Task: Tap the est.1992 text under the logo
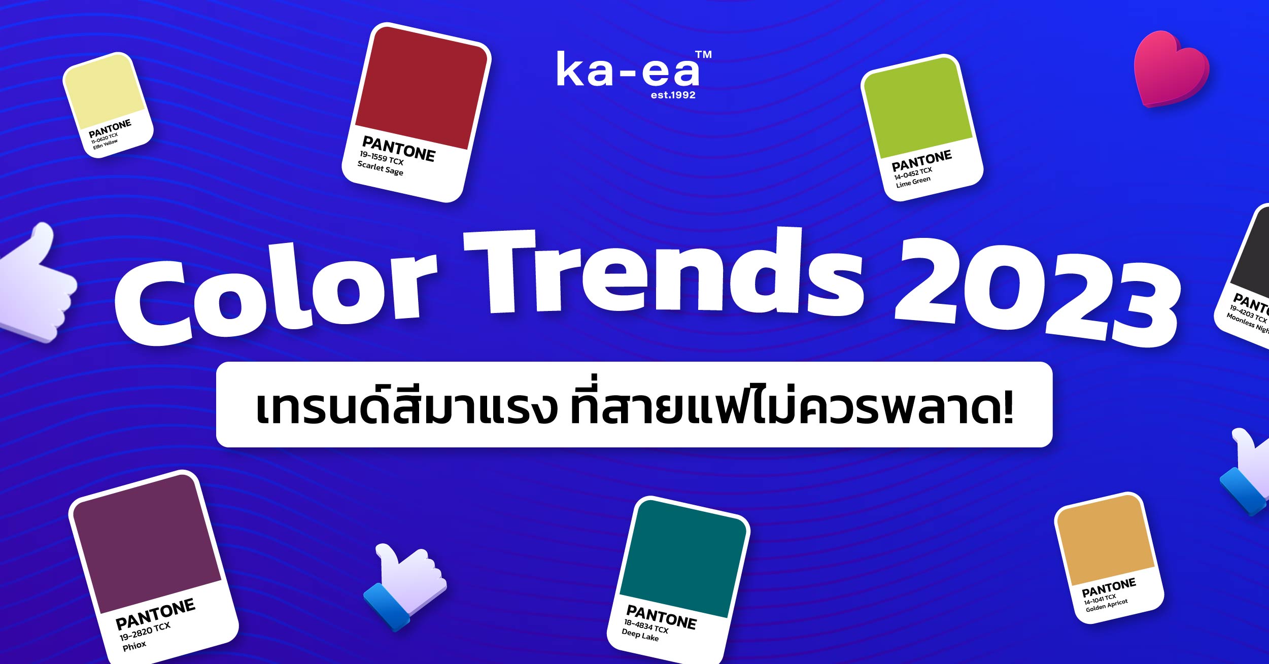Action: pyautogui.click(x=673, y=95)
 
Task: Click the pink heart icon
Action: pyautogui.click(x=1171, y=69)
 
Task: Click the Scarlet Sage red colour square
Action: pyautogui.click(x=421, y=87)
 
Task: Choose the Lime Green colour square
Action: pyautogui.click(x=918, y=108)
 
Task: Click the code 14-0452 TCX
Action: pyautogui.click(x=913, y=173)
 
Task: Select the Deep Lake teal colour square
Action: pyautogui.click(x=683, y=558)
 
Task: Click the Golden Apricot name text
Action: pyautogui.click(x=1107, y=605)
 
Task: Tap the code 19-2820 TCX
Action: pyautogui.click(x=145, y=632)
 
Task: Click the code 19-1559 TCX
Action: pyautogui.click(x=382, y=158)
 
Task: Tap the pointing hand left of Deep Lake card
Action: pyautogui.click(x=405, y=586)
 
